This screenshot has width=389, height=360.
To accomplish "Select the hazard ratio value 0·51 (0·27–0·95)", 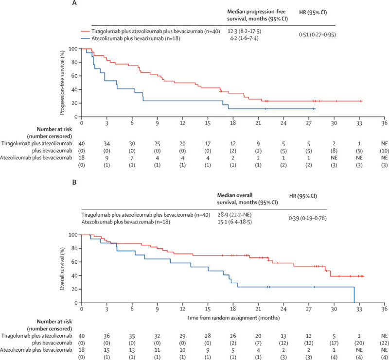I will tap(318, 35).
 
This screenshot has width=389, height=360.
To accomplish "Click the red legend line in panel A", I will tap(85, 31).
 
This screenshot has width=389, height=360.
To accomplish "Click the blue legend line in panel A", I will tap(85, 38).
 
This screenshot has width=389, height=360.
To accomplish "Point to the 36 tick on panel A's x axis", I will tap(384, 123).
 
